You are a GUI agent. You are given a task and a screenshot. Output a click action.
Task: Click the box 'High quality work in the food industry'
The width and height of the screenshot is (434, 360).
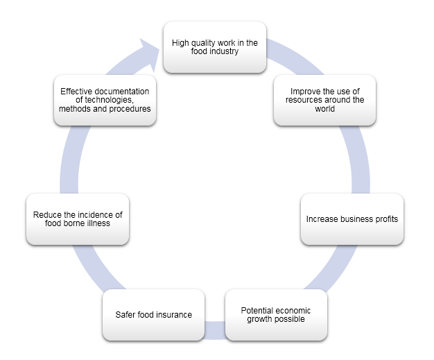214,47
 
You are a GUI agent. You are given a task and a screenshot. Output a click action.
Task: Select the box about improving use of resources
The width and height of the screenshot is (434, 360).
324,100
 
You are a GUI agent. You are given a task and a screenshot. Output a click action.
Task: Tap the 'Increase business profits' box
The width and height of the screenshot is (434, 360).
351,219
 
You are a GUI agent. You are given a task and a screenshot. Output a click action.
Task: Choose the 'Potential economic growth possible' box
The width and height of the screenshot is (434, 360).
277,314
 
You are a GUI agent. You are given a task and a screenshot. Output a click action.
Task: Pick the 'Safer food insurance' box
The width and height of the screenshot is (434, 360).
153,314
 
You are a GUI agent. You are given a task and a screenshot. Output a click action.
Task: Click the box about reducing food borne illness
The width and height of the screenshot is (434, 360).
78,219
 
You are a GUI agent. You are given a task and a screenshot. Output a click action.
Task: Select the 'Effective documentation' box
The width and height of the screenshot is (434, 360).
105,100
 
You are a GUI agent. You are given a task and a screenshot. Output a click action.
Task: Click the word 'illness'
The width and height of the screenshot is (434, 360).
99,224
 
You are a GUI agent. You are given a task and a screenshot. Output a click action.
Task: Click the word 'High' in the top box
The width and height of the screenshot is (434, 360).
181,42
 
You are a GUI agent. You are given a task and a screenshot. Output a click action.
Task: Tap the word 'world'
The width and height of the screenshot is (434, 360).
325,109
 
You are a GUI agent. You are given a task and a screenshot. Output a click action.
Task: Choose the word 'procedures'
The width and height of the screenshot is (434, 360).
128,109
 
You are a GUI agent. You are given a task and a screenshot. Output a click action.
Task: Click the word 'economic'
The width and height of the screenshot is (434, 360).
295,309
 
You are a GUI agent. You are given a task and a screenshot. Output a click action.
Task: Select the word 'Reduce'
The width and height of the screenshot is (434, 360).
47,214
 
